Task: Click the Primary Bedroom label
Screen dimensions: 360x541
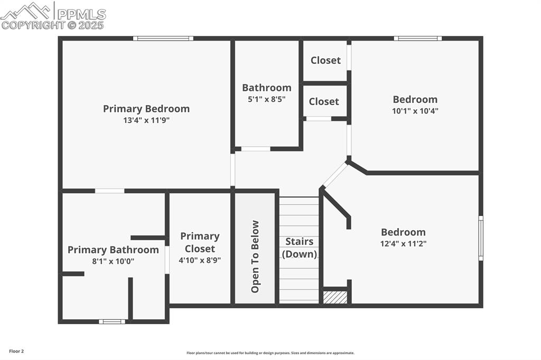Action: (146, 109)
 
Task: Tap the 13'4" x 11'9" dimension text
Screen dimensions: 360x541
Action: (146, 120)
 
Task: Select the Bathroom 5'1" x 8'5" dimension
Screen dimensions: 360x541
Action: (267, 99)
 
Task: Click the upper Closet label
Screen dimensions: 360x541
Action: (325, 60)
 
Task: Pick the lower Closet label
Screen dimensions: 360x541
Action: (324, 101)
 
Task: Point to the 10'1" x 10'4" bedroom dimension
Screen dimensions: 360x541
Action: (415, 111)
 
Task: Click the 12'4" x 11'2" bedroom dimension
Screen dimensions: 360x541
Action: (404, 244)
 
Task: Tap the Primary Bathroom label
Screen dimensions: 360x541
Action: (113, 250)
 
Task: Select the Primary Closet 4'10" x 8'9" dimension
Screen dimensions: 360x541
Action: (200, 260)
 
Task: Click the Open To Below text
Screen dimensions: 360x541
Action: (256, 257)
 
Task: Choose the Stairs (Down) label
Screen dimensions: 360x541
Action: (300, 248)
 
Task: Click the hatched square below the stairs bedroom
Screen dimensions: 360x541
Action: (335, 298)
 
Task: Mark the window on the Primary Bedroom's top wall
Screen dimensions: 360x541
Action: (163, 39)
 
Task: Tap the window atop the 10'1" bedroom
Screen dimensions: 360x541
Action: (417, 39)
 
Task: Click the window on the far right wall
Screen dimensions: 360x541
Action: (481, 238)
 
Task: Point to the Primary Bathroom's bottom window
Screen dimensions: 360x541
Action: (112, 321)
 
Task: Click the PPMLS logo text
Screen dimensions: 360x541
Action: (81, 14)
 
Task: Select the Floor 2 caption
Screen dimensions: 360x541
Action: (16, 351)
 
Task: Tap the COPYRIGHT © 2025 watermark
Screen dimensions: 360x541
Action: (52, 25)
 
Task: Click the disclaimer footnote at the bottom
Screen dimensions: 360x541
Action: (270, 353)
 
